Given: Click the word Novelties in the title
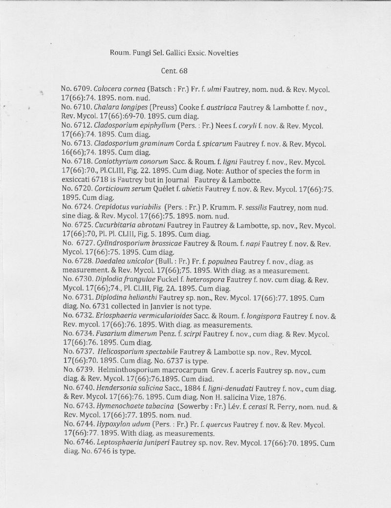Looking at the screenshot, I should coord(222,53).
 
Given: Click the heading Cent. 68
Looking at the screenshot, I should coord(174,71).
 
